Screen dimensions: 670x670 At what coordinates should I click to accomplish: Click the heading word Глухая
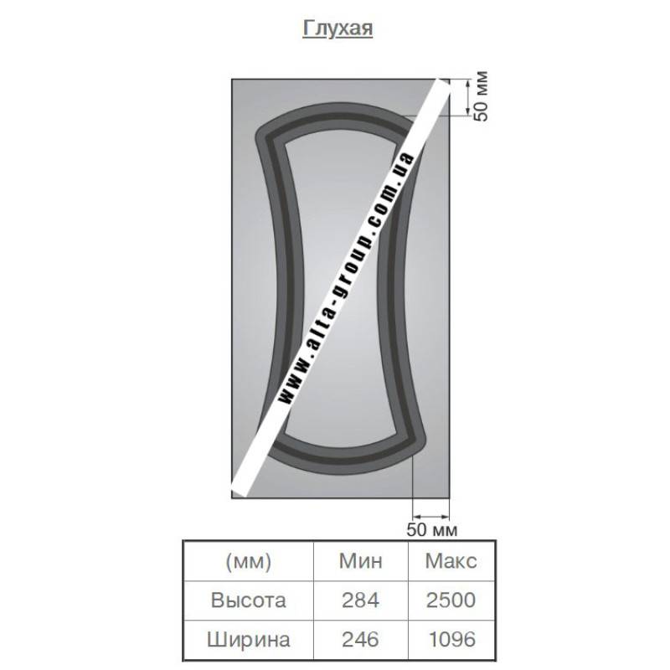[x=338, y=28]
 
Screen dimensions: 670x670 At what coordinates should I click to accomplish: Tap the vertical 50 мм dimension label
[x=481, y=96]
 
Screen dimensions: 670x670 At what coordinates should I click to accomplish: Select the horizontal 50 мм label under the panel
[x=431, y=529]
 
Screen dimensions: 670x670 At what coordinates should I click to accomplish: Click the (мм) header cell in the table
[x=248, y=561]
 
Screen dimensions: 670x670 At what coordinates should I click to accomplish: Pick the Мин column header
[x=360, y=560]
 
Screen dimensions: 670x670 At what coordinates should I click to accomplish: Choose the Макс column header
[x=451, y=560]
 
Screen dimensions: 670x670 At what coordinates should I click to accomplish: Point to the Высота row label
[x=248, y=600]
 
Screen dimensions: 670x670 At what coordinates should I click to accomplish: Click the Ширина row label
[x=248, y=639]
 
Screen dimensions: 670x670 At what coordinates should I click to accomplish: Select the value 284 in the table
[x=360, y=600]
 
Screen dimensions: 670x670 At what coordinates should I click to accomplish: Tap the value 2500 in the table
[x=451, y=600]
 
